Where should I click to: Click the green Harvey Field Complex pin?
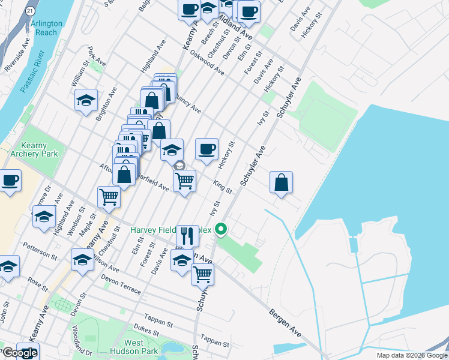point(221,229)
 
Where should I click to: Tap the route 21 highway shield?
point(31,11)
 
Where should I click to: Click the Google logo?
point(20,352)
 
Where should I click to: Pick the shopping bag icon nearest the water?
point(281,182)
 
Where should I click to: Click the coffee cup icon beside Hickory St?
point(206,149)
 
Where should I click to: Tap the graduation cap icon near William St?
point(86,100)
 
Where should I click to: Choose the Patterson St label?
point(40,251)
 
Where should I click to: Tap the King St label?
point(223,186)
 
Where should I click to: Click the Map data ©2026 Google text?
point(411,355)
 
